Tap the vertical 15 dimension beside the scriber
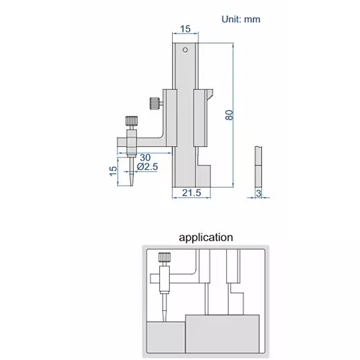coord(113,172)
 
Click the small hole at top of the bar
coord(185,50)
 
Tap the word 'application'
coord(206,236)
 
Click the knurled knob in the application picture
coord(163,256)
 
